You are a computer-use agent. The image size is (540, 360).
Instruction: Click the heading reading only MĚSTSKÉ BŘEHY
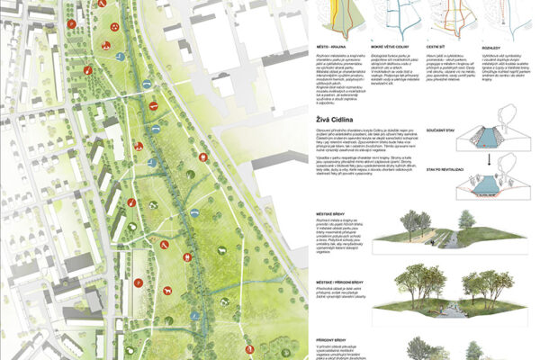pyautogui.click(x=338, y=212)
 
